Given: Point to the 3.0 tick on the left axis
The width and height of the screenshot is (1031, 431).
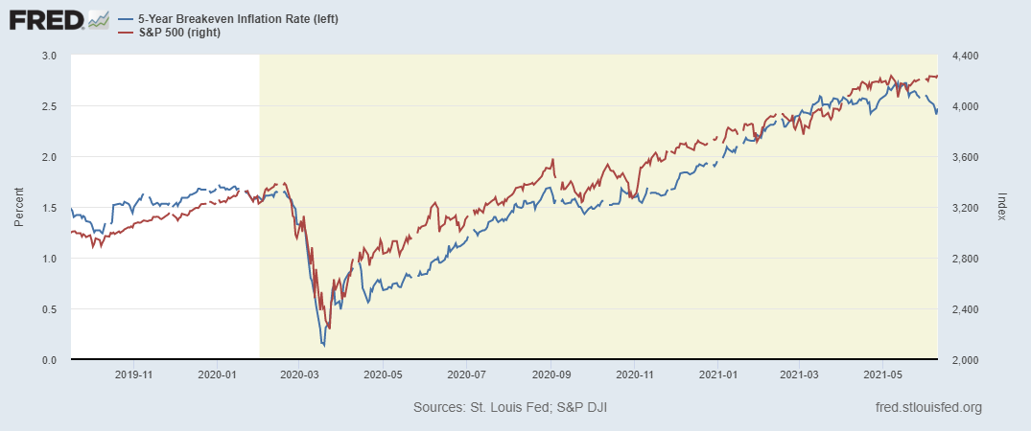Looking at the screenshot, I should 50,56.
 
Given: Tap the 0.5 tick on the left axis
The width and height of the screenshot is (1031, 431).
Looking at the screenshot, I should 50,309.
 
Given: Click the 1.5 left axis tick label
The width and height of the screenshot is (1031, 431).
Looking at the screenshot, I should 50,208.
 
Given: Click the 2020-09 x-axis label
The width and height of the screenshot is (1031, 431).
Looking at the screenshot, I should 552,375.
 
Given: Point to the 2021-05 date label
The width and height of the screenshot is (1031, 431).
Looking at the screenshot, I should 882,375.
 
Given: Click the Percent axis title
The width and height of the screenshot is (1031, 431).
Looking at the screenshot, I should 19,208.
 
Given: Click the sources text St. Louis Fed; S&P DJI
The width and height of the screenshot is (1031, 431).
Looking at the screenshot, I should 510,408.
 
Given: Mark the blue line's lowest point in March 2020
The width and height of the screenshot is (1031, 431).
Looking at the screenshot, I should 324,345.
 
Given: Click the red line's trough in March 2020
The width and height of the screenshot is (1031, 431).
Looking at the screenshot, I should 329,328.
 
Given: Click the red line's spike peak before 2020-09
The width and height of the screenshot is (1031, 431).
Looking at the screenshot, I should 553,160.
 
